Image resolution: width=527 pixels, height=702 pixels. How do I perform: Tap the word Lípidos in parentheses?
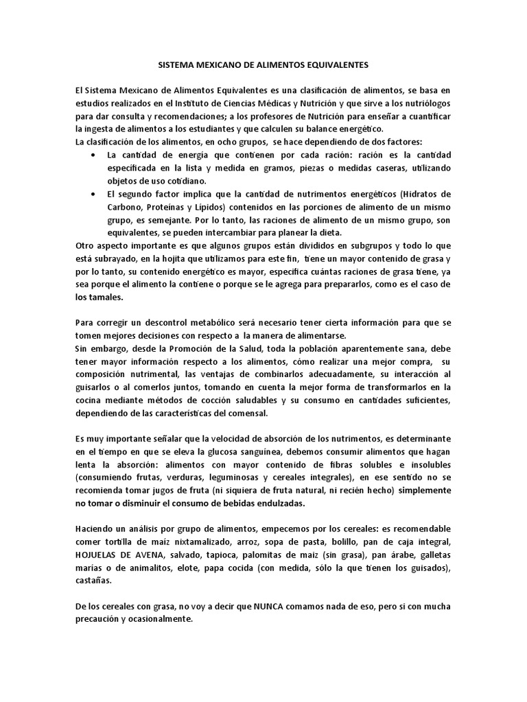pyautogui.click(x=209, y=208)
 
